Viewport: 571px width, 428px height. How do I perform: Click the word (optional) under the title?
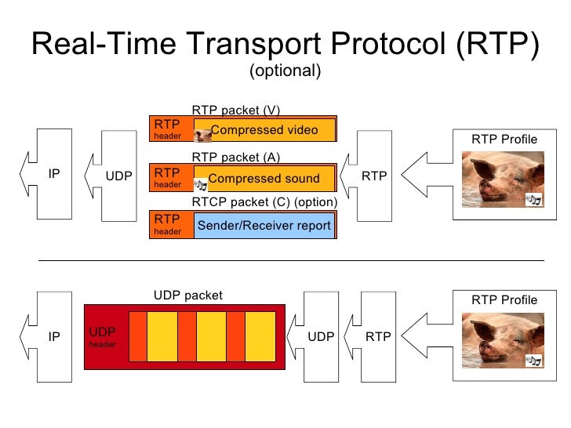click(285, 71)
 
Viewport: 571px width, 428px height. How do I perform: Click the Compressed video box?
click(264, 130)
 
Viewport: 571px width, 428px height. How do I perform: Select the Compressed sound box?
click(264, 178)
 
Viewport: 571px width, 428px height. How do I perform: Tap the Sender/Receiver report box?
click(264, 227)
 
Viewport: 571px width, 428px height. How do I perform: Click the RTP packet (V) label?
click(236, 110)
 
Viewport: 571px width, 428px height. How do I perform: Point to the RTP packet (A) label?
click(236, 157)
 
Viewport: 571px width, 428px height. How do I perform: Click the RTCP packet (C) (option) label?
click(264, 202)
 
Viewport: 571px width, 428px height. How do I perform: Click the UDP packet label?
click(188, 296)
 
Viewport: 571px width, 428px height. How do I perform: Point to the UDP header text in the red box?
click(103, 337)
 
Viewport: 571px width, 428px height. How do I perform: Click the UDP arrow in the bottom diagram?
click(320, 337)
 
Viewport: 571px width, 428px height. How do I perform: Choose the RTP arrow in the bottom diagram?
click(378, 337)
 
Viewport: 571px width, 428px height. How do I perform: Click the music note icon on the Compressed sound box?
click(201, 185)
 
